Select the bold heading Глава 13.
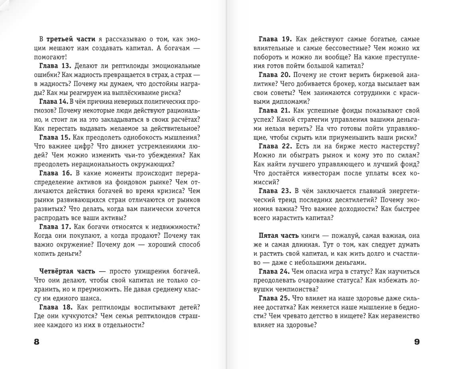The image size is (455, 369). pos(55,66)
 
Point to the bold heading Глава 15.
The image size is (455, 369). pos(55,137)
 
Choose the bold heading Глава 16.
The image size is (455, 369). pos(55,173)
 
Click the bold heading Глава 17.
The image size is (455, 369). pos(55,226)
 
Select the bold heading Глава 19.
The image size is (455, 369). pos(275,39)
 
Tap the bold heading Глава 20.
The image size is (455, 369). pos(275,75)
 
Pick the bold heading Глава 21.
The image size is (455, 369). pos(275,111)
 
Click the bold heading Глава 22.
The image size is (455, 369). pos(275,146)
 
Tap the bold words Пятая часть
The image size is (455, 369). pos(278,235)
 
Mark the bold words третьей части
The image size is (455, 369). pos(71,39)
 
